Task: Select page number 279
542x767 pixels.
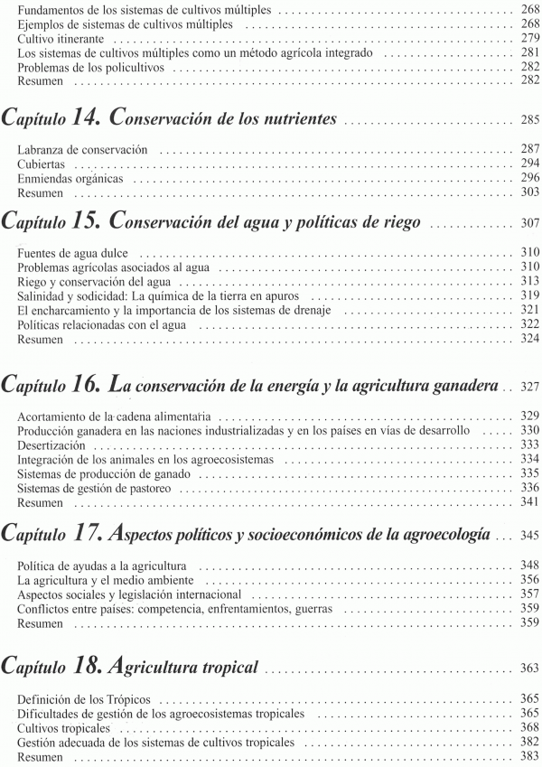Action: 529,41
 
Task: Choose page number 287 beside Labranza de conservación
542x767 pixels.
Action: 529,148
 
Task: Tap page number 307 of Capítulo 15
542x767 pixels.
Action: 529,223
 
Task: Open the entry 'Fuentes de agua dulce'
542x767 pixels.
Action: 73,252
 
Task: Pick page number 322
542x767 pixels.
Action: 529,323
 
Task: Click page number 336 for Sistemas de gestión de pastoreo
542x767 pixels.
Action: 529,488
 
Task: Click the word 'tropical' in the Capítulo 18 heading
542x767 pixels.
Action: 226,669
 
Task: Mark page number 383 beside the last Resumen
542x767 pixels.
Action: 529,756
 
